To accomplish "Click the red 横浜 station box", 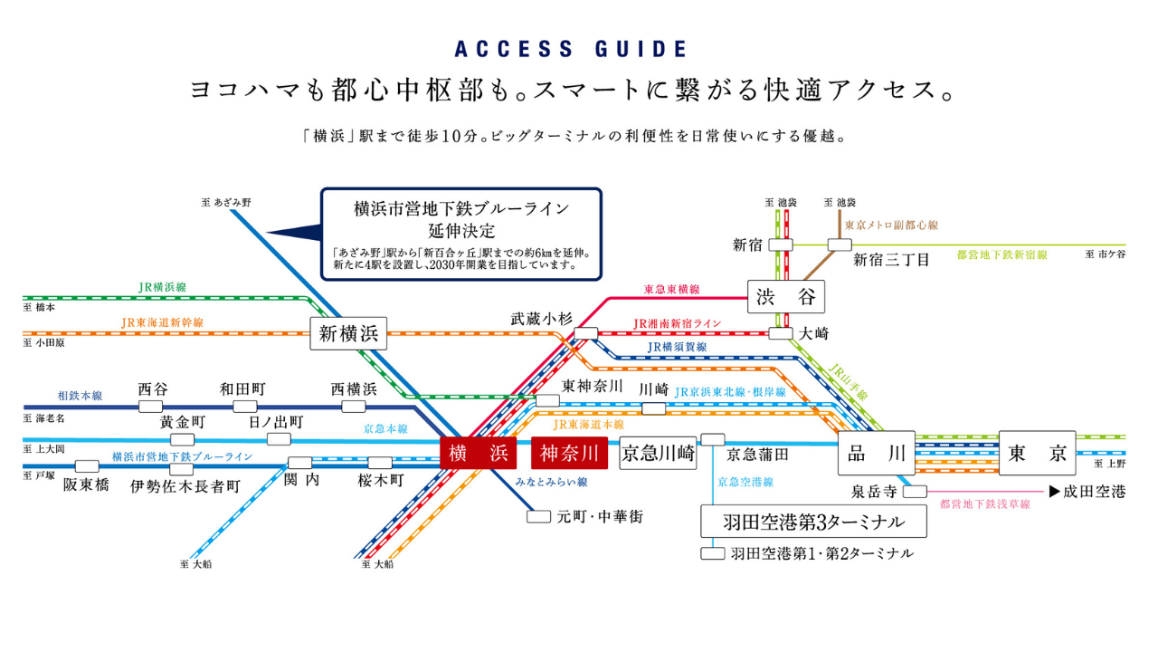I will [478, 454].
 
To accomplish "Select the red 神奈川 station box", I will [570, 453].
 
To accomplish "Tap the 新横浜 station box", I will [348, 333].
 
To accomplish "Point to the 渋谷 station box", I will [785, 296].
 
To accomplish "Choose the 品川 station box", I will [877, 453].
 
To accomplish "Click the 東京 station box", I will [1037, 453].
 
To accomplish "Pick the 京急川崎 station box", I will [658, 454].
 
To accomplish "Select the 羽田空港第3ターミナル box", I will [815, 522].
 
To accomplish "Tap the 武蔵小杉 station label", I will [541, 318].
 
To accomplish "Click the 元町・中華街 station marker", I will [538, 517].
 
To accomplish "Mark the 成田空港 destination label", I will [1093, 493].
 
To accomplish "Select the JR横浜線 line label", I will [162, 287].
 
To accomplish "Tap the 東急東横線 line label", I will [671, 290].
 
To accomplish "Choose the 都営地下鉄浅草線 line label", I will [985, 504].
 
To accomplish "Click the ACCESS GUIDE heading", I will [570, 49].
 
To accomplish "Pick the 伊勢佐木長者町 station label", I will [185, 486].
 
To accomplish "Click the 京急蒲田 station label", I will [758, 454].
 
